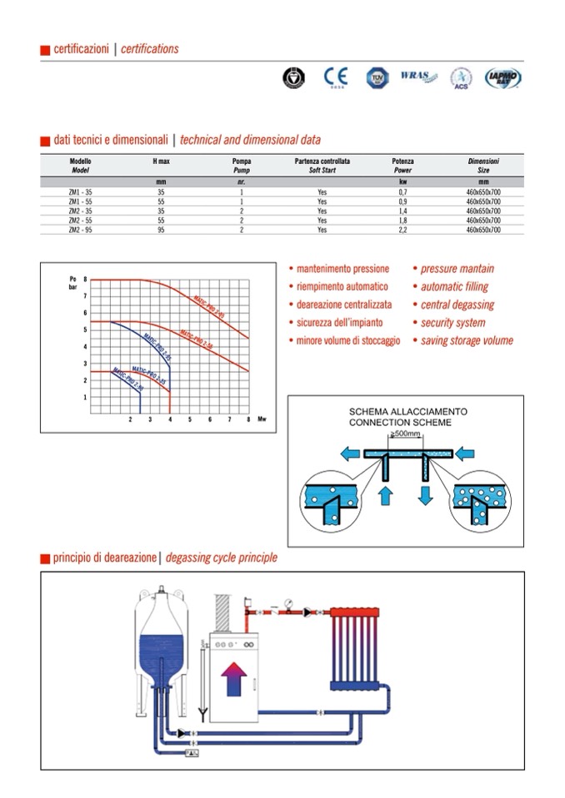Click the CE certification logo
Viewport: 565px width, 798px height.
point(334,78)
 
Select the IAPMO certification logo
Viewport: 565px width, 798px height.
point(503,77)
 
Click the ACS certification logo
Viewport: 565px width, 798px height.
point(461,78)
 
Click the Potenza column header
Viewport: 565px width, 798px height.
point(402,165)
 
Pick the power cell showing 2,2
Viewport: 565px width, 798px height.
point(402,229)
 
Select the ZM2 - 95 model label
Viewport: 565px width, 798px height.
point(81,229)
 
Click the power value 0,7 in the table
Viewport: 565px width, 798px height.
point(402,192)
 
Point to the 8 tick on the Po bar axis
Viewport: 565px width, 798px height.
point(84,280)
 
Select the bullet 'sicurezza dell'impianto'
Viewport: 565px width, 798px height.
point(338,323)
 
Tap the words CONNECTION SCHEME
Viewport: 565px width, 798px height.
point(400,423)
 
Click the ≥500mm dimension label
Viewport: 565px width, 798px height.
point(405,434)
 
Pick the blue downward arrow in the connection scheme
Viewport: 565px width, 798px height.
point(424,497)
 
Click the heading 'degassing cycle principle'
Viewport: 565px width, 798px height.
point(222,558)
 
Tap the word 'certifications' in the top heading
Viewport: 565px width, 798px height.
point(150,48)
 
